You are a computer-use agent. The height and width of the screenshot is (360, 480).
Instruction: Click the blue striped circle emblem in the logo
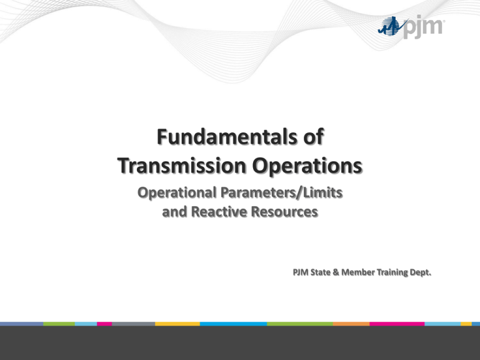(x=391, y=26)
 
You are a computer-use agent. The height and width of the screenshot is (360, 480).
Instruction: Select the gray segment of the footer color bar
(x=133, y=324)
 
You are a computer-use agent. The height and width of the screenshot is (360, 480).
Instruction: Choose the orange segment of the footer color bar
(x=351, y=324)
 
